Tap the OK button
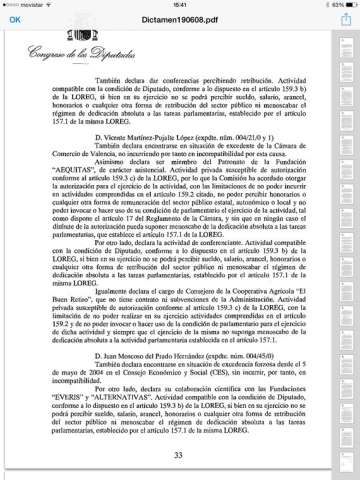tap(15, 20)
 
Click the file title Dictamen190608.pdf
tap(180, 20)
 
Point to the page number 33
tap(178, 455)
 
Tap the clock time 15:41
tap(180, 4)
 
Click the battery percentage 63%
tap(338, 4)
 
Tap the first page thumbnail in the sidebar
tap(346, 47)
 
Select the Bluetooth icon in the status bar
tap(327, 4)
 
